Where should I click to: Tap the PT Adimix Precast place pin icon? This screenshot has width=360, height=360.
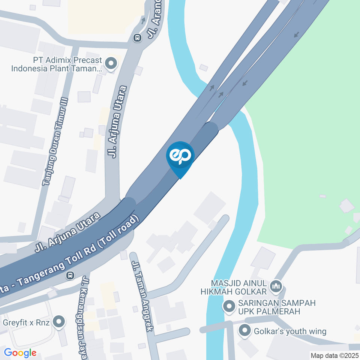click(111, 64)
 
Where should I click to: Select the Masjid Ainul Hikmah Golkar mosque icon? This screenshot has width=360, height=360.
click(277, 286)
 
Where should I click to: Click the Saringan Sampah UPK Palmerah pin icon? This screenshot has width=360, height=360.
click(228, 307)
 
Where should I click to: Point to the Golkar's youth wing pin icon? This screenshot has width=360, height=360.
click(245, 331)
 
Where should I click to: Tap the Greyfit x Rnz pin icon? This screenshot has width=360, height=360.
click(58, 322)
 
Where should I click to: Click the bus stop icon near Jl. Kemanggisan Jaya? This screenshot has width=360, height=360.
click(70, 276)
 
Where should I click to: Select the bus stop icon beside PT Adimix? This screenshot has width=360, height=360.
click(137, 37)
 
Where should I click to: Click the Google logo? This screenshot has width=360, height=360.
click(20, 353)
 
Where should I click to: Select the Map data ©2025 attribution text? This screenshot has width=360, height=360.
click(334, 355)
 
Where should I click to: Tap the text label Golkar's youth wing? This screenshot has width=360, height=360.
click(290, 331)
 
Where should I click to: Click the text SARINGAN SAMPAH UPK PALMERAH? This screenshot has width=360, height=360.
click(276, 307)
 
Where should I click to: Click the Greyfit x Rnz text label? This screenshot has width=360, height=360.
click(26, 322)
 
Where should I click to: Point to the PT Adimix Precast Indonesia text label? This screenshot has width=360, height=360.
click(56, 64)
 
